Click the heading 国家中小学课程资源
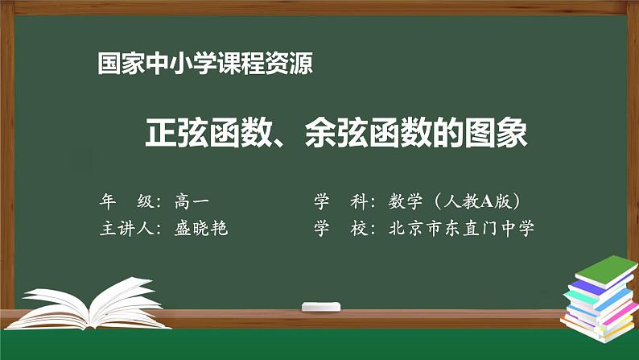click(204, 64)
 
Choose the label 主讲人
click(127, 228)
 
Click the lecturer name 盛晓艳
click(201, 228)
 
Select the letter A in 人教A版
click(484, 201)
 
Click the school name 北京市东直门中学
click(461, 228)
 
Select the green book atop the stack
click(603, 267)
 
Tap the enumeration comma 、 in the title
click(288, 139)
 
